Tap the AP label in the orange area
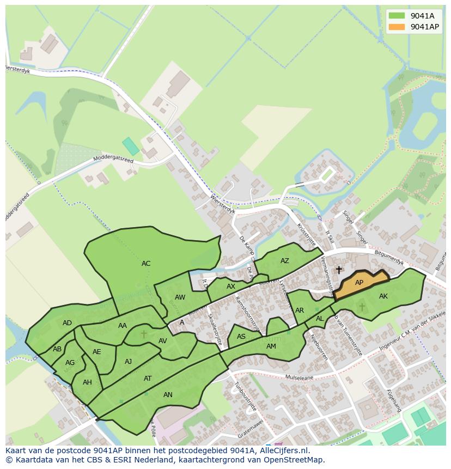(x=359, y=283)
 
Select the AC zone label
(x=146, y=264)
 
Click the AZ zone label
(x=285, y=261)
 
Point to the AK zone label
(x=383, y=296)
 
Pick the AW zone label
(x=180, y=297)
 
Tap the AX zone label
(x=231, y=287)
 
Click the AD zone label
(x=67, y=323)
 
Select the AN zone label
(x=168, y=395)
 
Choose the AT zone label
(x=148, y=378)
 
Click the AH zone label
(x=87, y=382)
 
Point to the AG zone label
(x=70, y=363)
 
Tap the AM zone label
(x=271, y=346)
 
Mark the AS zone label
(x=241, y=337)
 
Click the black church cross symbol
(x=339, y=270)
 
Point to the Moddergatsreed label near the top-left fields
(x=113, y=159)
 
